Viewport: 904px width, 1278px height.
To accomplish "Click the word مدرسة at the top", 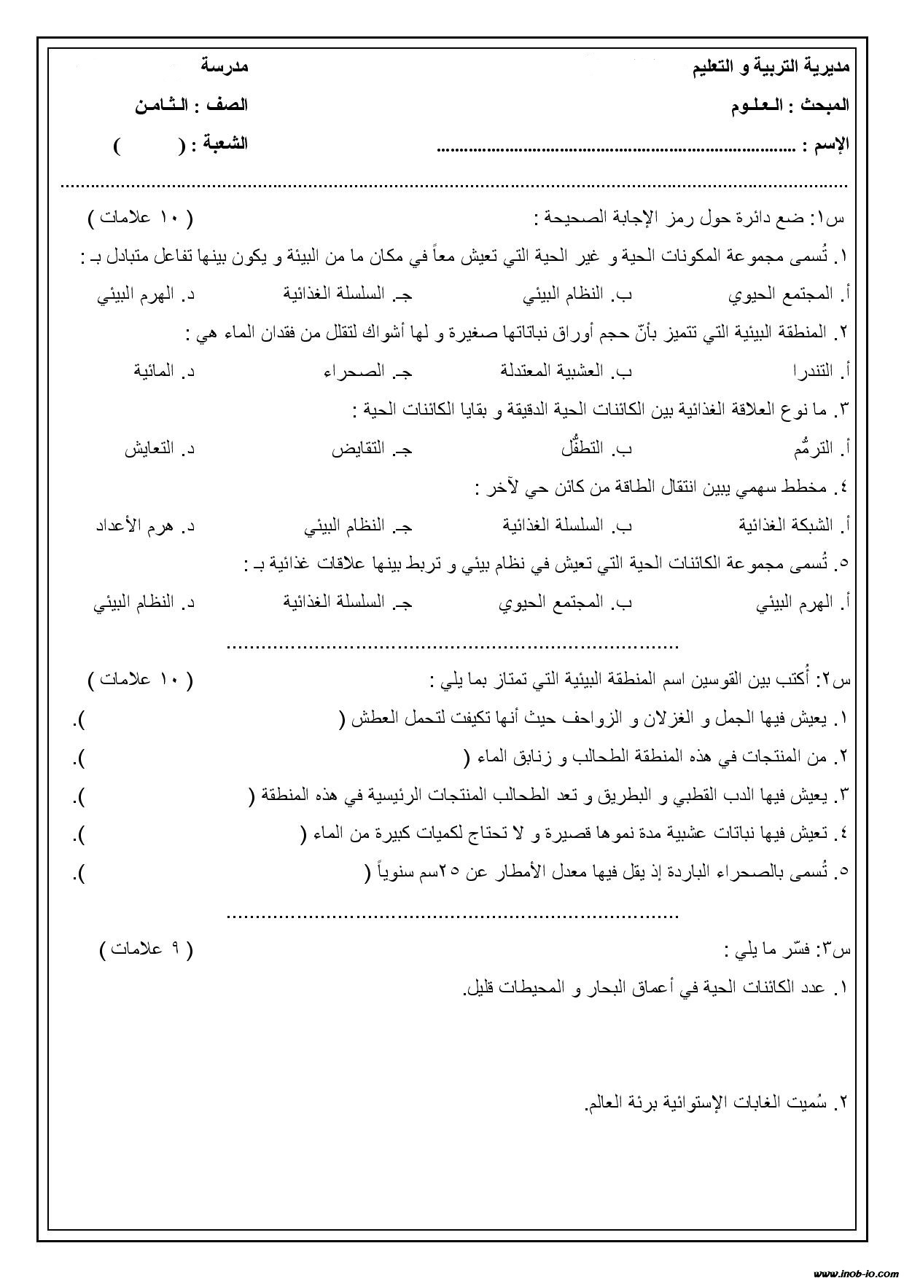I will click(x=225, y=66).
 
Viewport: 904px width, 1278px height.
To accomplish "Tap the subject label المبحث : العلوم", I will click(x=790, y=106).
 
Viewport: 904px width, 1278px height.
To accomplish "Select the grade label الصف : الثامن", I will click(x=191, y=105).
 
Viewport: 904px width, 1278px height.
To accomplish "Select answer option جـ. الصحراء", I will click(x=368, y=371).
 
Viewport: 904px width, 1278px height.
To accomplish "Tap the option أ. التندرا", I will click(x=822, y=371).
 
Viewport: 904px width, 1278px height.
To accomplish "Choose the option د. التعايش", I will click(x=159, y=448).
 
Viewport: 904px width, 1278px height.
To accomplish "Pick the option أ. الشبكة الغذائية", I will click(x=795, y=525).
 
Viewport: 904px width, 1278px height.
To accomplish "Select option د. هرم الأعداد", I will click(x=146, y=525).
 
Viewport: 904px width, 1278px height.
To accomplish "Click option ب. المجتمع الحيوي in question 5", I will click(x=565, y=603).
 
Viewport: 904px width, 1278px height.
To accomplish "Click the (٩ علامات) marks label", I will click(x=147, y=949).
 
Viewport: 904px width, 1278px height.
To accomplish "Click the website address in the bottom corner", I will click(x=854, y=1271).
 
